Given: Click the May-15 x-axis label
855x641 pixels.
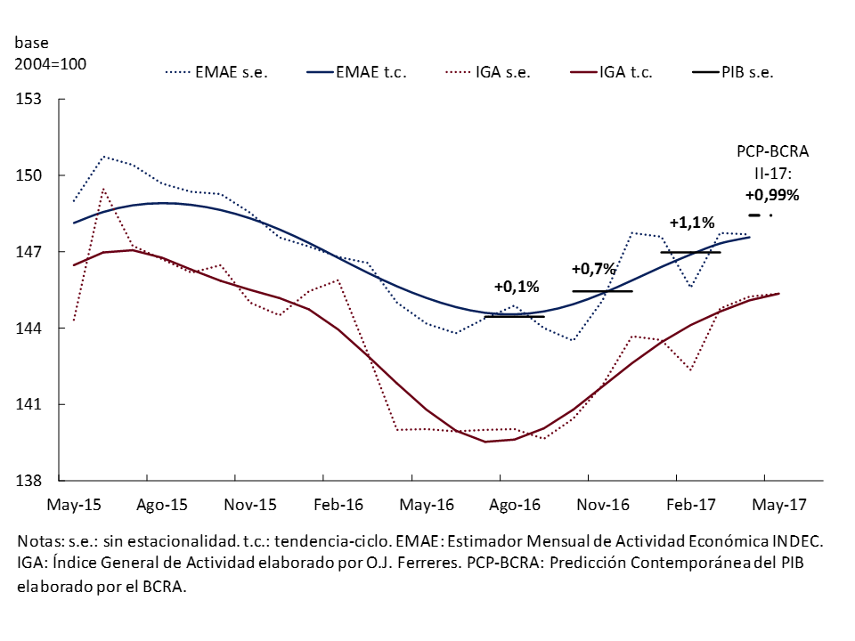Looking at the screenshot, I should pos(73,505).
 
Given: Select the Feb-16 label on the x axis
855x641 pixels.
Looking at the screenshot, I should pos(338,505).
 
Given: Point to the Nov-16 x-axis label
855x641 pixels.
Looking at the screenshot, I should pos(603,505).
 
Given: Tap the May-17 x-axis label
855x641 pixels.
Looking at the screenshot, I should pos(779,505).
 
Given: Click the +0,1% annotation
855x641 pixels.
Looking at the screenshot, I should pos(517,287).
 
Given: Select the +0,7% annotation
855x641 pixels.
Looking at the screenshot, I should pos(593,269).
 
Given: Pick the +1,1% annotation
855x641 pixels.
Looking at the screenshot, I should pos(692,223).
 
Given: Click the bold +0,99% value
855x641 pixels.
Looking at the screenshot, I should pos(772,195).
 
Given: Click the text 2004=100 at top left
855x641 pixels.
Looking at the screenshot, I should pos(50,64).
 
